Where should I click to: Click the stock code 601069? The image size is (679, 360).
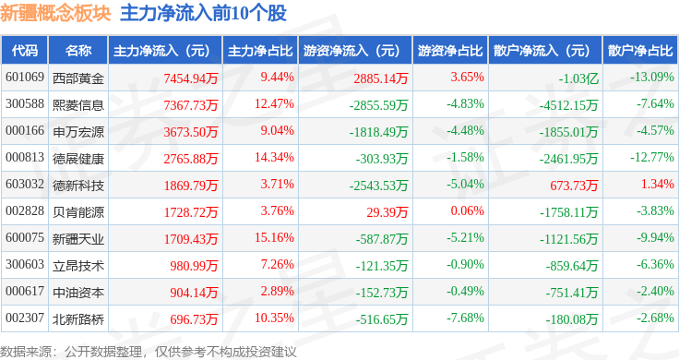[x=25, y=78]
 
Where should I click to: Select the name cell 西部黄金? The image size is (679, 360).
[x=78, y=78]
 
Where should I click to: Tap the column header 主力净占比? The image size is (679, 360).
[x=260, y=51]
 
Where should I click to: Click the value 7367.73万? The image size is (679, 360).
[x=191, y=105]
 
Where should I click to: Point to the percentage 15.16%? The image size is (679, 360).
[x=274, y=237]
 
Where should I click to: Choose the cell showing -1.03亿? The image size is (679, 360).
[x=578, y=78]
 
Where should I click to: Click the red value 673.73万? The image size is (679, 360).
[x=574, y=186]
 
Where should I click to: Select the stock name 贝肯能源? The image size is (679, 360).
[x=78, y=212]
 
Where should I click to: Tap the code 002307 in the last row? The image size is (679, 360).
[x=25, y=318]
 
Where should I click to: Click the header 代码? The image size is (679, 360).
[x=25, y=51]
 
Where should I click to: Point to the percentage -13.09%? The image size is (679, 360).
[x=651, y=78]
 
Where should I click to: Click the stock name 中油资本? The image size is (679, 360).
[x=78, y=293]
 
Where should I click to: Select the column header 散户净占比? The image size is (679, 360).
[x=640, y=51]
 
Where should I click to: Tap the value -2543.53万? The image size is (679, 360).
[x=378, y=186]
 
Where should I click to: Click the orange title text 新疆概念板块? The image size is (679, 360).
[x=55, y=13]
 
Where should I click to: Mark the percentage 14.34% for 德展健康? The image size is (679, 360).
[x=274, y=157]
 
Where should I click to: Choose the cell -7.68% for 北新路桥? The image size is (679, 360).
[x=465, y=318]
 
